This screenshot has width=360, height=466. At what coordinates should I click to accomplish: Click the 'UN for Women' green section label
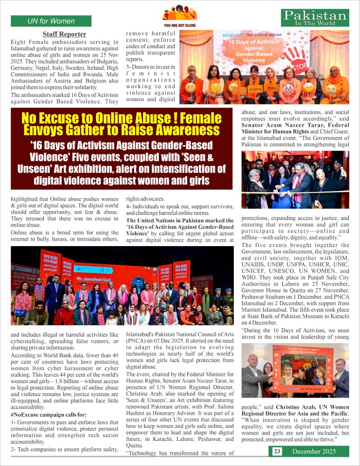[x=51, y=21]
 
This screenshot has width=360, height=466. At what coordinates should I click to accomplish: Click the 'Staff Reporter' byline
[x=64, y=34]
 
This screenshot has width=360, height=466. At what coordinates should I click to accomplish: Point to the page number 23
[x=277, y=451]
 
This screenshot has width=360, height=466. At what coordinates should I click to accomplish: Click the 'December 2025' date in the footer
[x=314, y=451]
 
